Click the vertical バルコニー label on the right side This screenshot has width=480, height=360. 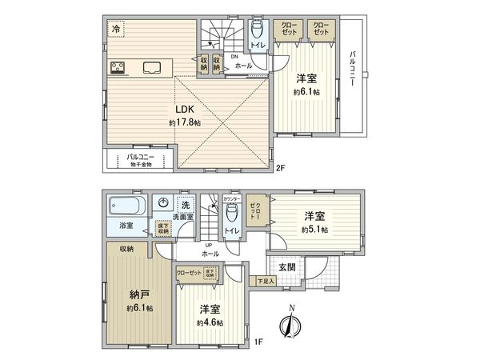(x=352, y=70)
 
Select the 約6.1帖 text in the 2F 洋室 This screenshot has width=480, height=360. (x=307, y=93)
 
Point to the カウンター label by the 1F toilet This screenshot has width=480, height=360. (x=231, y=198)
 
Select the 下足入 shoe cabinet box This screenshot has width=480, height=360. (x=266, y=280)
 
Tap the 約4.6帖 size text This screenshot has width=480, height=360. (x=210, y=322)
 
